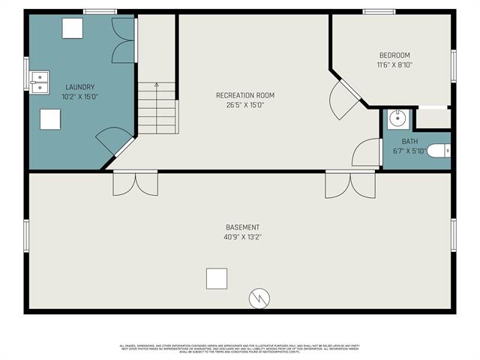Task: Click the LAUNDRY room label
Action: (x=79, y=87)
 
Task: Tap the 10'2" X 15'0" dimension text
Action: (x=79, y=97)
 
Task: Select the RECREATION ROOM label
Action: (x=245, y=95)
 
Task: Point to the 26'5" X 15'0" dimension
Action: (x=245, y=105)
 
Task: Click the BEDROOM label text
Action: (x=394, y=55)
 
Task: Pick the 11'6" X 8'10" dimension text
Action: (x=394, y=65)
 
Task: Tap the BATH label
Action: (x=409, y=141)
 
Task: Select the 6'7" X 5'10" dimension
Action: (x=409, y=151)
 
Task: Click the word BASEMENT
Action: (x=243, y=227)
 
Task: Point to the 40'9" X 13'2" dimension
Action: (x=243, y=237)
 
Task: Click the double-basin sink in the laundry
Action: (x=39, y=79)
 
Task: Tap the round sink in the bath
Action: (x=398, y=119)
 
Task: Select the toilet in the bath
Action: (x=439, y=150)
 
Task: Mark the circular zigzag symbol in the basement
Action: (x=259, y=298)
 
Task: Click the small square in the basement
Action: (x=216, y=278)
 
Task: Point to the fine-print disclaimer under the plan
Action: (x=240, y=348)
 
